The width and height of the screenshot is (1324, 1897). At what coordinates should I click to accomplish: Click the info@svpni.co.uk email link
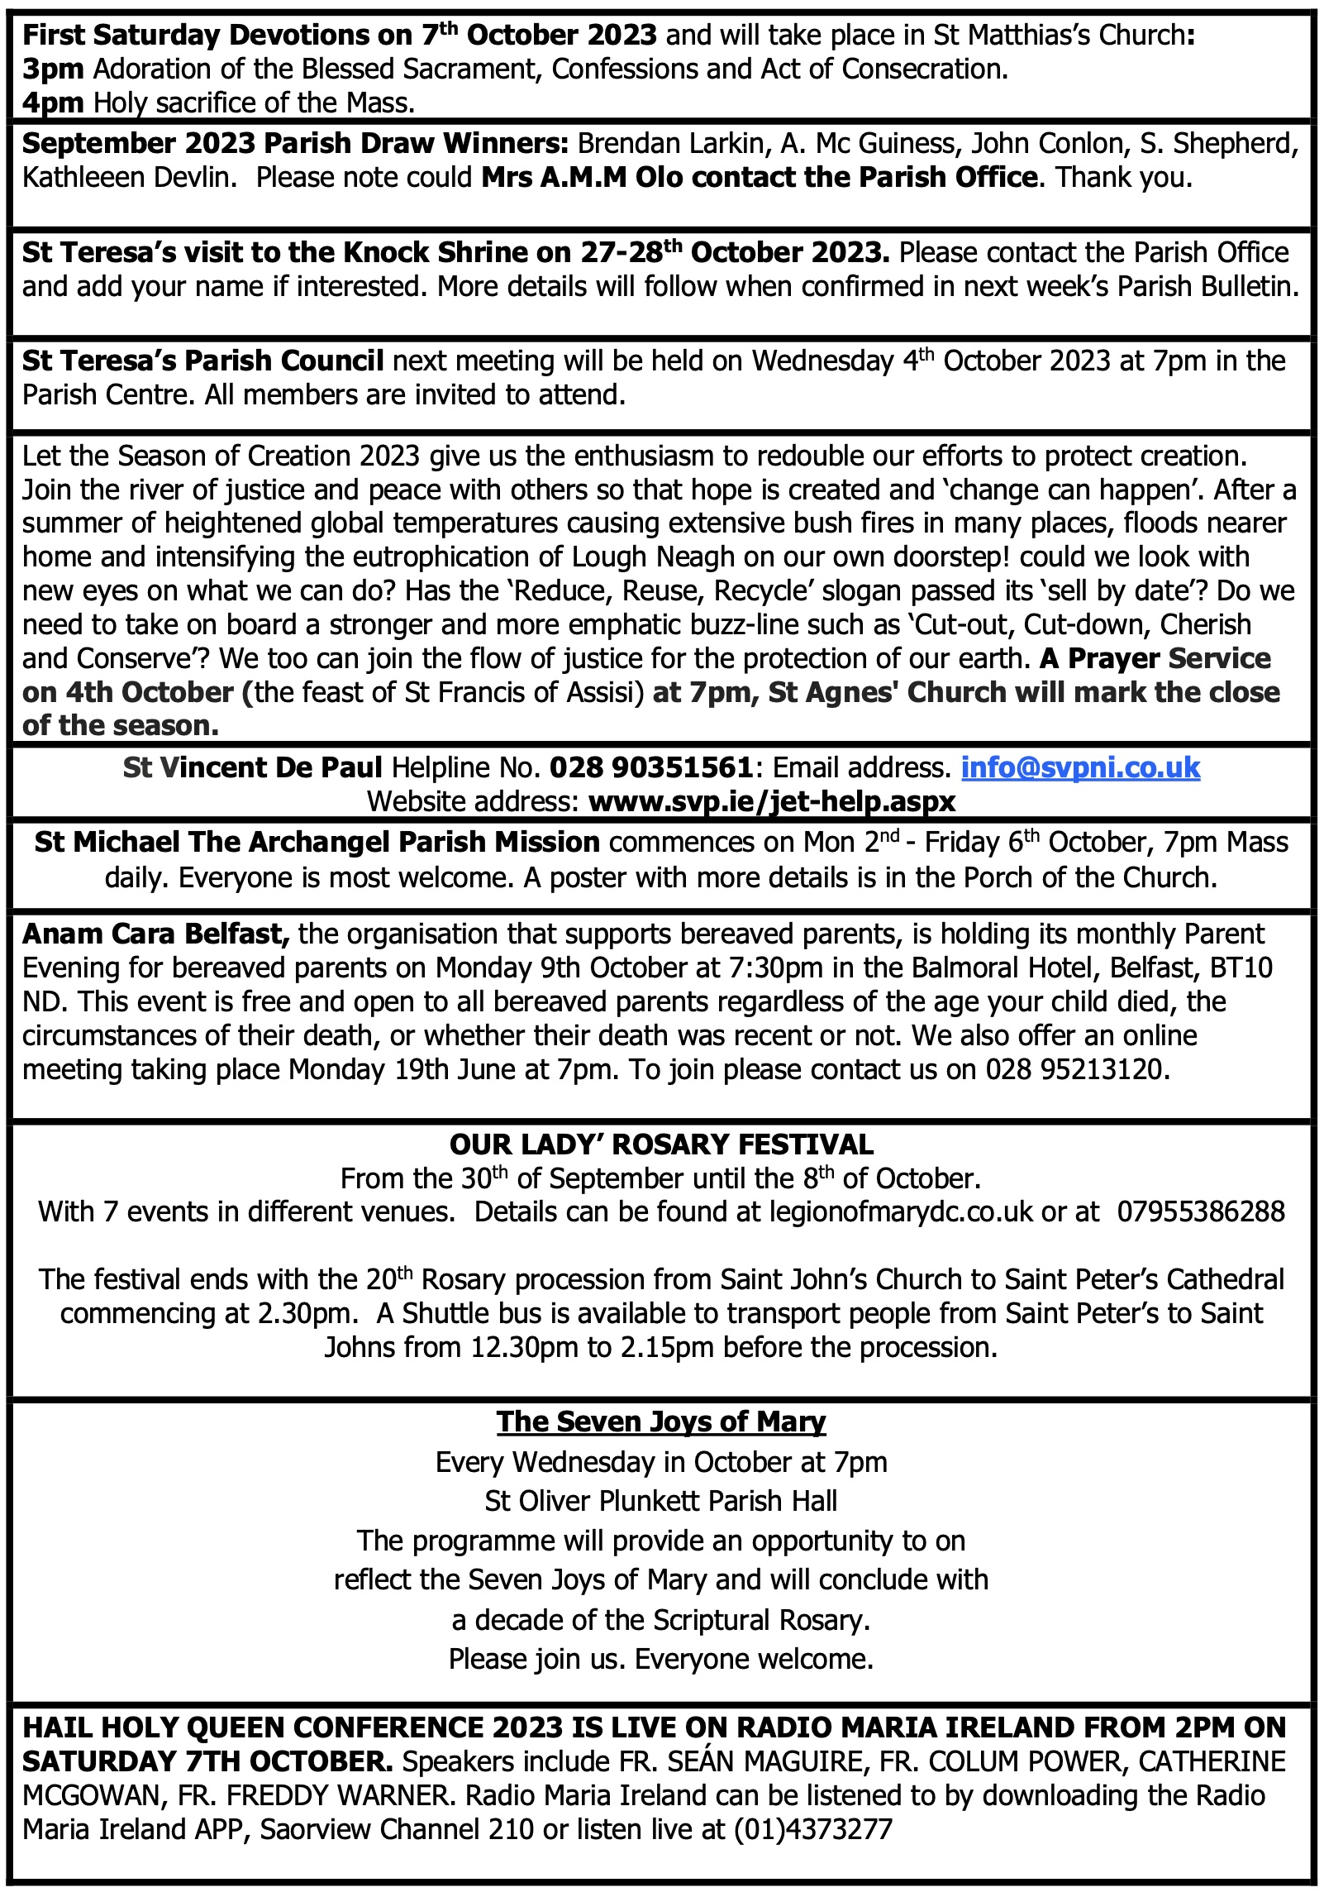[1079, 768]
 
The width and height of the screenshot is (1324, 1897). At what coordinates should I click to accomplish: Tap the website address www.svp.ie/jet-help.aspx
[771, 801]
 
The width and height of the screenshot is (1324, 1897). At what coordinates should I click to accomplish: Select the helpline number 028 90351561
[650, 768]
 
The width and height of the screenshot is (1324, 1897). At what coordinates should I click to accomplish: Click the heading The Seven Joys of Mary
[661, 1422]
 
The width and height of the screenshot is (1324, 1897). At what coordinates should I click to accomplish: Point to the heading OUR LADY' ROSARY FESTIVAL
[661, 1144]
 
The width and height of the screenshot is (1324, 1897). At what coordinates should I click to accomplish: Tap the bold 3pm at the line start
[52, 69]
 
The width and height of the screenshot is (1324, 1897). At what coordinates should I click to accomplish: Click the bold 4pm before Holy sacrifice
[52, 103]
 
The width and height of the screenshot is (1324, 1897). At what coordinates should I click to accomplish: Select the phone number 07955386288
[1201, 1212]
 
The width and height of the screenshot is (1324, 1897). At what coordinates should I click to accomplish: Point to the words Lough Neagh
[652, 557]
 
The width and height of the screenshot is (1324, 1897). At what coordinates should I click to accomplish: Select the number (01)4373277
[813, 1829]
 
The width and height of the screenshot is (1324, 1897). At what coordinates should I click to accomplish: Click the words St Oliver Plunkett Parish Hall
[661, 1501]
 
